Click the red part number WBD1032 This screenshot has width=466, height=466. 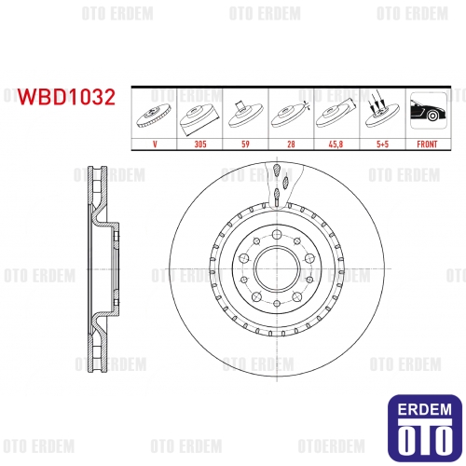[x=66, y=97]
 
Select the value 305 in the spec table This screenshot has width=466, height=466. [x=200, y=144]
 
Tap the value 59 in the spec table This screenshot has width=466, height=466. [x=245, y=144]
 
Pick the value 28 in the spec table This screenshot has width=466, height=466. [x=291, y=144]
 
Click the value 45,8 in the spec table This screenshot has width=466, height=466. [x=336, y=144]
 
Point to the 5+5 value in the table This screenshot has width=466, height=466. [x=382, y=144]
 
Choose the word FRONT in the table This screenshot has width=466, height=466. [x=427, y=144]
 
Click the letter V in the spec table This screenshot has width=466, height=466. [x=155, y=144]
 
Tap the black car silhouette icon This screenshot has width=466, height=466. [x=428, y=111]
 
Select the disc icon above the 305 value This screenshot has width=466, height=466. [x=199, y=119]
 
